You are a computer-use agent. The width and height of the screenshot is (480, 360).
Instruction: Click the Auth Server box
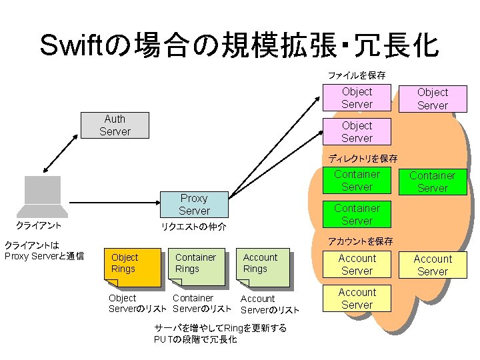(x=114, y=125)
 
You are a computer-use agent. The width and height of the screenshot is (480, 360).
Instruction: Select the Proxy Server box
(x=194, y=204)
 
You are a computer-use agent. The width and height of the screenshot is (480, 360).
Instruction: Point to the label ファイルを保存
(x=356, y=75)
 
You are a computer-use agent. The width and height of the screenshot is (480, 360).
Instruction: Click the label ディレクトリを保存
(x=363, y=159)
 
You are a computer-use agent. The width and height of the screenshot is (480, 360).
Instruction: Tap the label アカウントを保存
(x=361, y=241)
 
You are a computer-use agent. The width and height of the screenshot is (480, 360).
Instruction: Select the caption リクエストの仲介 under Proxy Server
(x=194, y=227)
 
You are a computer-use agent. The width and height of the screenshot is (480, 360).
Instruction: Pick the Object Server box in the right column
(x=432, y=99)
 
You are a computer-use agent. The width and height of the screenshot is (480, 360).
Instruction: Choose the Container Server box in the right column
(x=432, y=182)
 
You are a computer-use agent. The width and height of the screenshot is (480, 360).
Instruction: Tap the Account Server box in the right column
(x=432, y=265)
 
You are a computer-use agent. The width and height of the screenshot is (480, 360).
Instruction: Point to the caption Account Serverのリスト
(x=269, y=304)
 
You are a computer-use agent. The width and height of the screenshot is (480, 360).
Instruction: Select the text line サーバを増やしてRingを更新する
(x=220, y=328)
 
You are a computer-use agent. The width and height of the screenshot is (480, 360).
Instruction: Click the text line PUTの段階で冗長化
(x=195, y=339)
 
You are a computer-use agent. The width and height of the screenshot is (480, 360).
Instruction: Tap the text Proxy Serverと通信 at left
(x=44, y=256)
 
